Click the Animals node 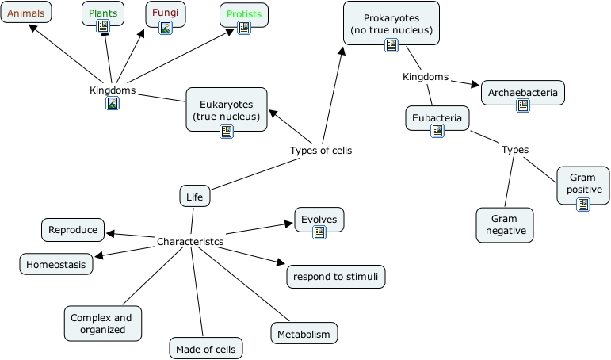(26, 13)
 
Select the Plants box (103, 13)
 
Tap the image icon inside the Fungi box (166, 28)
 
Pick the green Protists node (244, 14)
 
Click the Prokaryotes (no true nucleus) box (391, 24)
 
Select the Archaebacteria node (523, 93)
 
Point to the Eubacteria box (437, 118)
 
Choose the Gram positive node (584, 183)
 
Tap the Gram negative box (504, 224)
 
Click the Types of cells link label (321, 151)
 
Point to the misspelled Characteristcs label (190, 241)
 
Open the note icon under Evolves (319, 232)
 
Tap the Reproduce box (73, 230)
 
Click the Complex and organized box (103, 324)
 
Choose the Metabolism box (304, 334)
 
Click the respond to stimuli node (336, 277)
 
